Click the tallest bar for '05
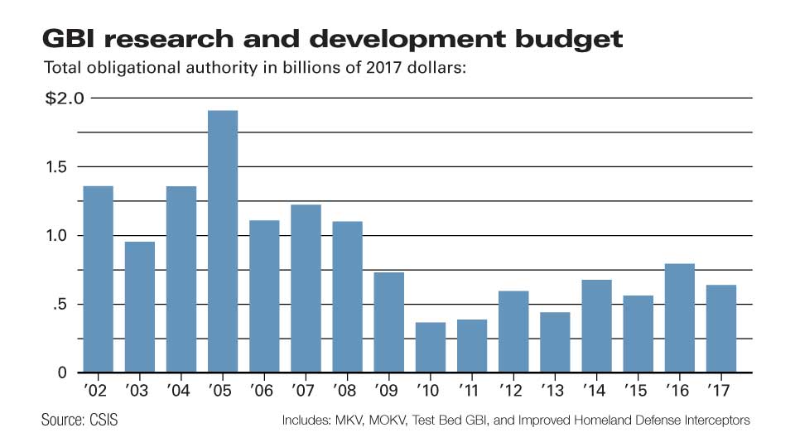point(223,241)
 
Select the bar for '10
point(431,347)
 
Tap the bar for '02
point(98,279)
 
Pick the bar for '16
point(679,318)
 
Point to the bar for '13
point(555,342)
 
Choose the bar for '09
point(389,322)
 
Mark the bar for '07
point(306,288)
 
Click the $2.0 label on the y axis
point(65,98)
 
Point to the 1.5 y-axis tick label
point(56,166)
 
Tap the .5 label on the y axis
point(60,305)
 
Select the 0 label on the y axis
point(62,373)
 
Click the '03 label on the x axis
point(137,390)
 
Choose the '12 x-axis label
point(511,390)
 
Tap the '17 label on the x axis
point(719,390)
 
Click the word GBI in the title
point(69,39)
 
